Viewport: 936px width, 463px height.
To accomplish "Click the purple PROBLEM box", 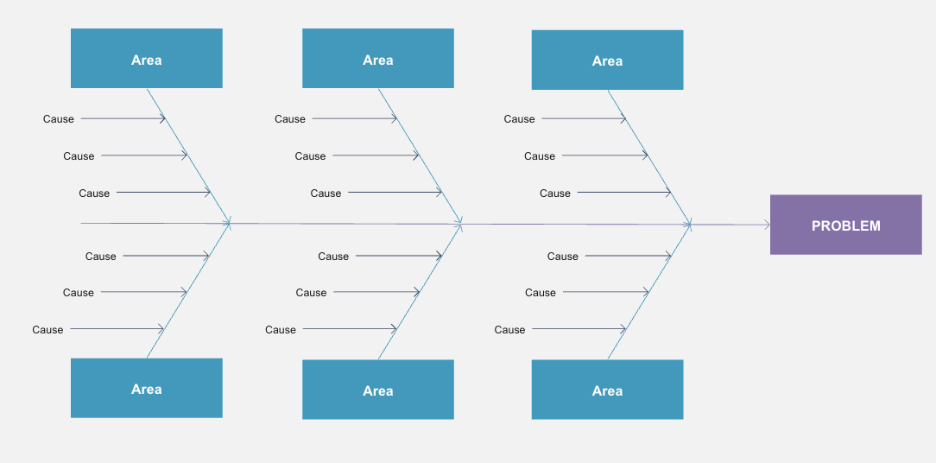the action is [x=846, y=225].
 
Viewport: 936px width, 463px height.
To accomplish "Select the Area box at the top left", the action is [x=146, y=59].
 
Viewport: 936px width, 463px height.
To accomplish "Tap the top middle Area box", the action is [x=378, y=59].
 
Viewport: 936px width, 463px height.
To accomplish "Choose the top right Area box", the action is [x=607, y=60].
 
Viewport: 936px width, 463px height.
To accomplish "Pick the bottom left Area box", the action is [x=146, y=389].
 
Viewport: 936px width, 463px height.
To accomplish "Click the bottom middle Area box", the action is [x=378, y=390].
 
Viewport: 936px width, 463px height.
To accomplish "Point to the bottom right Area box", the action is [x=607, y=390].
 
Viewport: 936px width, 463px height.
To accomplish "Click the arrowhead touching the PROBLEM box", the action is [x=767, y=225].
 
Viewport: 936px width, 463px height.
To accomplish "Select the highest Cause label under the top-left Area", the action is [x=59, y=119].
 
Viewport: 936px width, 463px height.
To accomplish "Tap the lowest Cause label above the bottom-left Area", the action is [x=47, y=330].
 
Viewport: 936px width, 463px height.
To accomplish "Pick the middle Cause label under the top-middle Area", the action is [x=310, y=156].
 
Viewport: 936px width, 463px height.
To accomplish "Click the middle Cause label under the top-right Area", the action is [x=540, y=156].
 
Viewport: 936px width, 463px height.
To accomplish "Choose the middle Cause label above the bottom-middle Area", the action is [x=311, y=293].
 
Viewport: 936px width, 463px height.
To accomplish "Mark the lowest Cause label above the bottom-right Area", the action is [x=509, y=330].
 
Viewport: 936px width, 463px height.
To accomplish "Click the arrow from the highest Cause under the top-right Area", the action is [x=584, y=119].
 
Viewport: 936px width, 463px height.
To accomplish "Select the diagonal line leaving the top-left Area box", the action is [x=188, y=156].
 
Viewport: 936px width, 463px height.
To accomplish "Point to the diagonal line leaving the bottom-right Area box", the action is [x=649, y=292].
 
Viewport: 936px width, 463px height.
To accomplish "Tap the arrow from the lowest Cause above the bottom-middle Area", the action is [x=350, y=328].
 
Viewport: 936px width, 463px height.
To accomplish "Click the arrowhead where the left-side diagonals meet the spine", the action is [x=227, y=224].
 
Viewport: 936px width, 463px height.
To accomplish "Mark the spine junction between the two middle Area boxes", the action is [x=459, y=224].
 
